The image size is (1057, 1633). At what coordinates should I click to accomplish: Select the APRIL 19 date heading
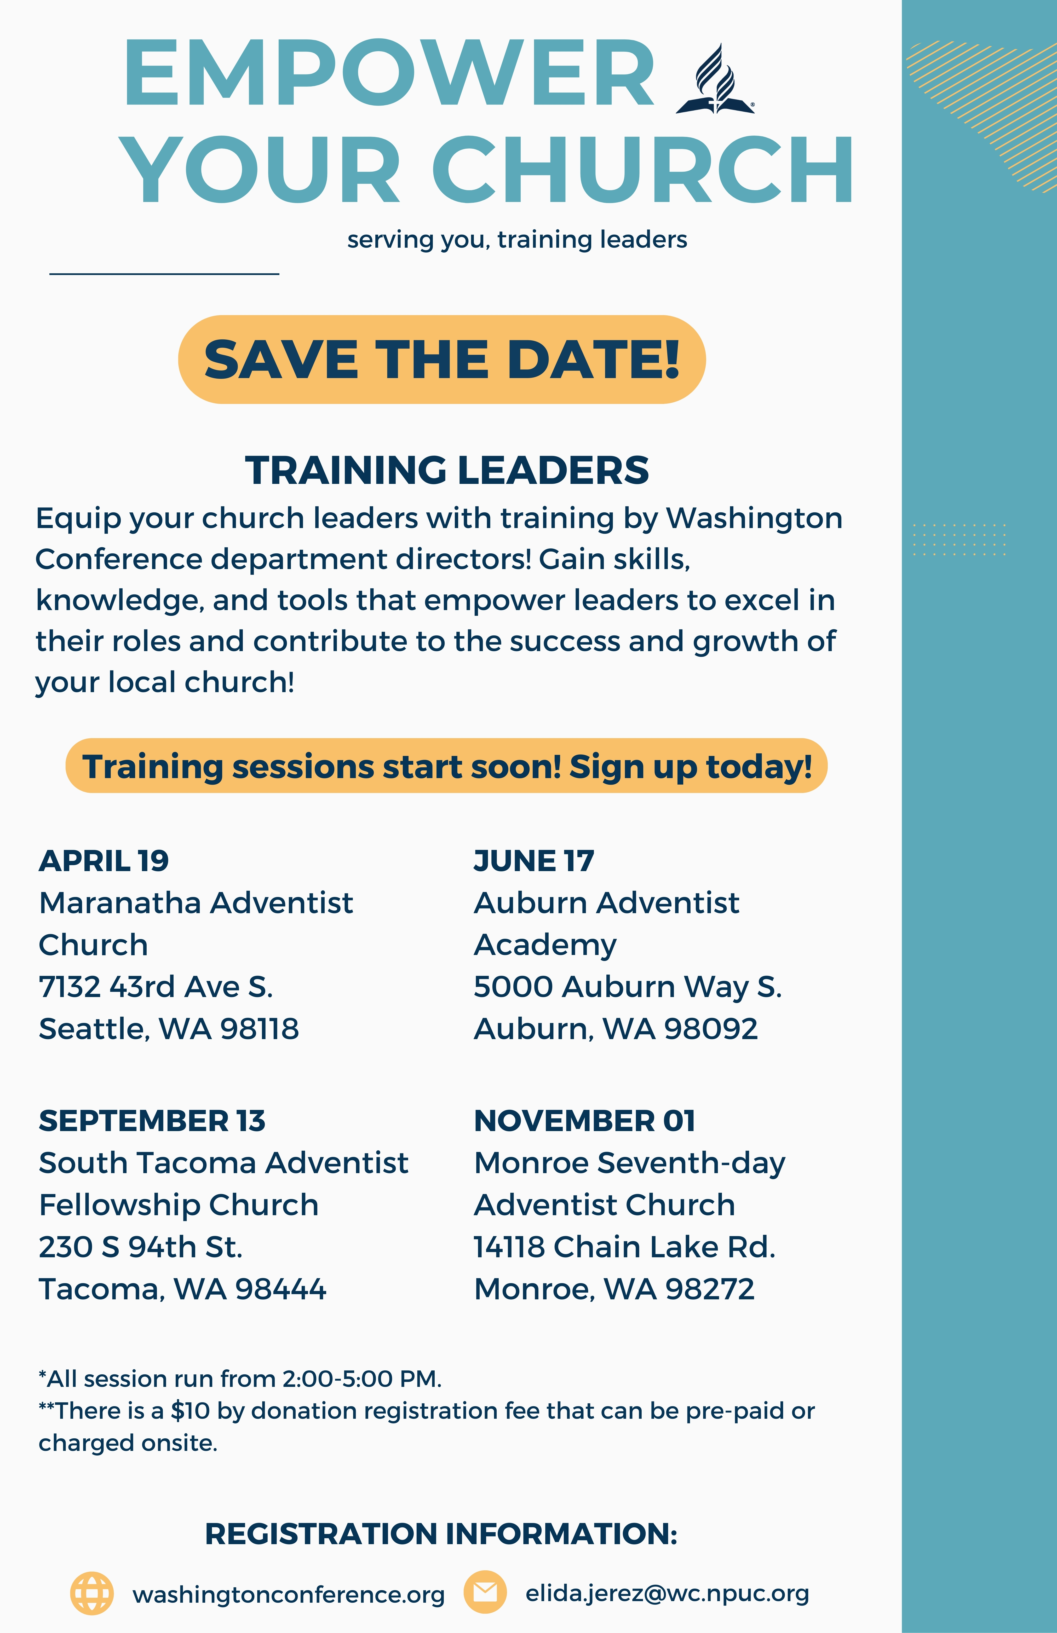coord(104,860)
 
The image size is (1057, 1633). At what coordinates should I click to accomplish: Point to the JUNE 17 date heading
coord(534,860)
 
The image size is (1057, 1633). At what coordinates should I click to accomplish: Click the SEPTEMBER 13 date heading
coord(152,1120)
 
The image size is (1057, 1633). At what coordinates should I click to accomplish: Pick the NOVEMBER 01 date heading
coord(585,1120)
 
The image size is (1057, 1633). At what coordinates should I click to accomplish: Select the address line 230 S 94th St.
coord(141,1247)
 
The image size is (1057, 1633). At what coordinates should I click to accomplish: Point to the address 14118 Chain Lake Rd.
coord(625,1247)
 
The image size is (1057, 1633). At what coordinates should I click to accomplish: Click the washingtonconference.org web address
coord(289,1594)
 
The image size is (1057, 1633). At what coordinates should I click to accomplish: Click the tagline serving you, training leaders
coord(517,239)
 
